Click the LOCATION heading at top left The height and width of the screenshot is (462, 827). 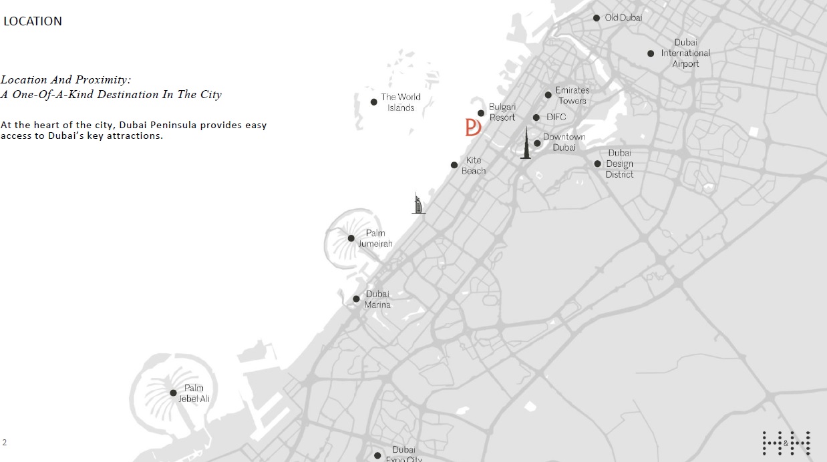point(33,21)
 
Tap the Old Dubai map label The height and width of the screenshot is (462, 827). point(623,17)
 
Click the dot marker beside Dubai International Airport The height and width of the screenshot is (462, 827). point(651,53)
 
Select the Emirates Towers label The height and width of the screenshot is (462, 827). point(572,95)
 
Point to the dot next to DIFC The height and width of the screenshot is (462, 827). point(536,118)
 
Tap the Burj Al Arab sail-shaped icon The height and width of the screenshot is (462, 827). point(418,203)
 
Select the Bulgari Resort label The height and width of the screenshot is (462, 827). point(502,112)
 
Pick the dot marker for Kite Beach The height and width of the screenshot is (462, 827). point(454,165)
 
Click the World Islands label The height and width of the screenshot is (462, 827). point(401,102)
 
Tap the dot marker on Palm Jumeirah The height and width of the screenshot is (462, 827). point(351,238)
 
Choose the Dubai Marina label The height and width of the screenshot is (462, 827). point(377,299)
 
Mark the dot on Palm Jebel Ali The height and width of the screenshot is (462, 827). point(174,393)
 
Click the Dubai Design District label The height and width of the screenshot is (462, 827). point(619,164)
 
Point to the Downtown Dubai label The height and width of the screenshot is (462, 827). point(564,142)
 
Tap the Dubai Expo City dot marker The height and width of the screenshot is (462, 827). point(377,455)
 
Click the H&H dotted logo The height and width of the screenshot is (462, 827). point(786,443)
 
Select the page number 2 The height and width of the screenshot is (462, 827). point(5,442)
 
